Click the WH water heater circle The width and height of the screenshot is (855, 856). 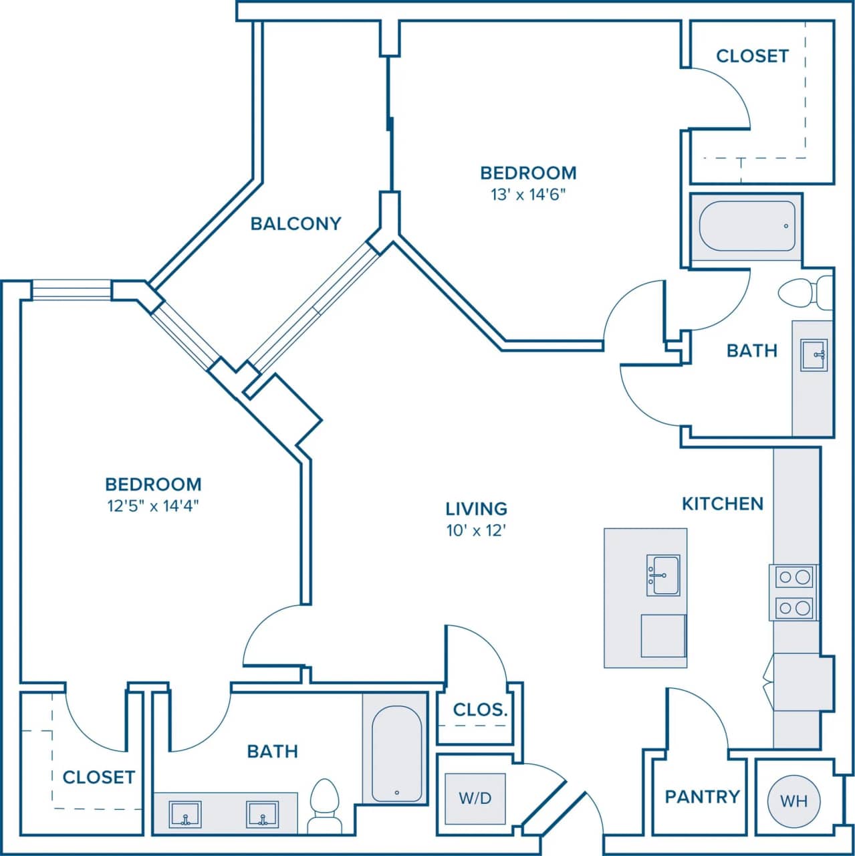pos(793,800)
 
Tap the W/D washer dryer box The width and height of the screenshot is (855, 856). pos(475,797)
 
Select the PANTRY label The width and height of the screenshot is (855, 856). pos(702,796)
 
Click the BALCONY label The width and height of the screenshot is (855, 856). pos(295,223)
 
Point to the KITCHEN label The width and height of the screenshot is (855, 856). pos(722,504)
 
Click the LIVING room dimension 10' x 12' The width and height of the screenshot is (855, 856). pos(476,532)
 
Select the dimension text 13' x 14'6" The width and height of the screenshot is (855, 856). pos(528,195)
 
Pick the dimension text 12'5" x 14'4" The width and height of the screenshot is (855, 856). pos(153,506)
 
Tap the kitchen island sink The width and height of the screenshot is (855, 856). pos(662,575)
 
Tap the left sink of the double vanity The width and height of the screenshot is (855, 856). pos(185,815)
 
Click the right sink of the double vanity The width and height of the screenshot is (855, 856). pos(262,815)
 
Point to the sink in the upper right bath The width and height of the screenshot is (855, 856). pos(813,354)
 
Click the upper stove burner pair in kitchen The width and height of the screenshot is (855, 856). pos(793,576)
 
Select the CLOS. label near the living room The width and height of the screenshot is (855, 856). pos(480,710)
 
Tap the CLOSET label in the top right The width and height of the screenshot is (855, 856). pos(752,56)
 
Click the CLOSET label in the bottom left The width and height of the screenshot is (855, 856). pos(99,777)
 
